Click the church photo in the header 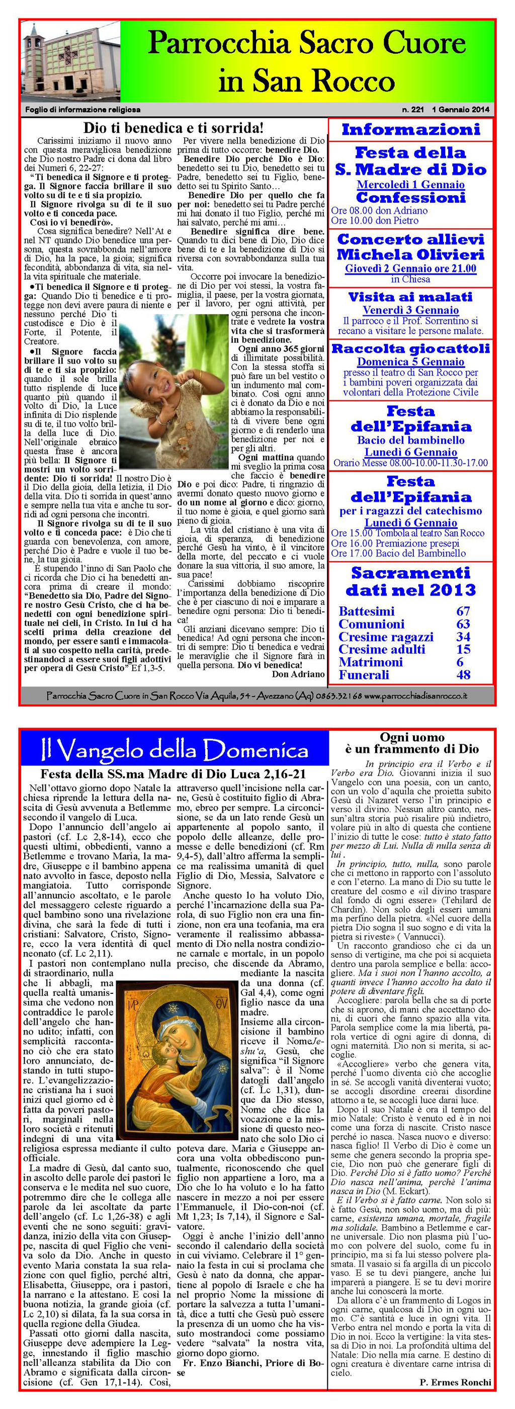70,61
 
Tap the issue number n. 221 413,109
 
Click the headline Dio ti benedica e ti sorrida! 174,128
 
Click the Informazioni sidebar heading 410,130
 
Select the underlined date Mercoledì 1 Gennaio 410,185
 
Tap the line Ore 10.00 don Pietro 375,220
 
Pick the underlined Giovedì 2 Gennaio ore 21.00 410,269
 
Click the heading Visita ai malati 410,297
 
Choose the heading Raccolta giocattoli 410,348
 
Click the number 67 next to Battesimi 463,611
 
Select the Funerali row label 364,674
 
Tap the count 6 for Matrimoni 460,662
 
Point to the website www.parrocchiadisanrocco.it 415,696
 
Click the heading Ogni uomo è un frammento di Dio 412,743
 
